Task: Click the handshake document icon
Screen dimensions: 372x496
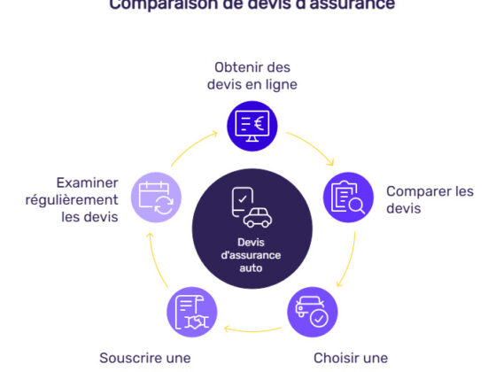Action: pyautogui.click(x=192, y=310)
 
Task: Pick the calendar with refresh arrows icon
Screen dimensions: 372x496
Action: pyautogui.click(x=156, y=196)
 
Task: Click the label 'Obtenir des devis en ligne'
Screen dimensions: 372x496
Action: pyautogui.click(x=252, y=75)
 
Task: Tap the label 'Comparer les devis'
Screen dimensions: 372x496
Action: pyautogui.click(x=429, y=199)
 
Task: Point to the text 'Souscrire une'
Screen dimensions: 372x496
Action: pyautogui.click(x=145, y=358)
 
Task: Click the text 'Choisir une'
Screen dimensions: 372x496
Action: pyautogui.click(x=351, y=358)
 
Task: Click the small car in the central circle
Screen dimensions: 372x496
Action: pyautogui.click(x=259, y=217)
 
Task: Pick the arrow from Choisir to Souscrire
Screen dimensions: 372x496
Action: pyautogui.click(x=252, y=330)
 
